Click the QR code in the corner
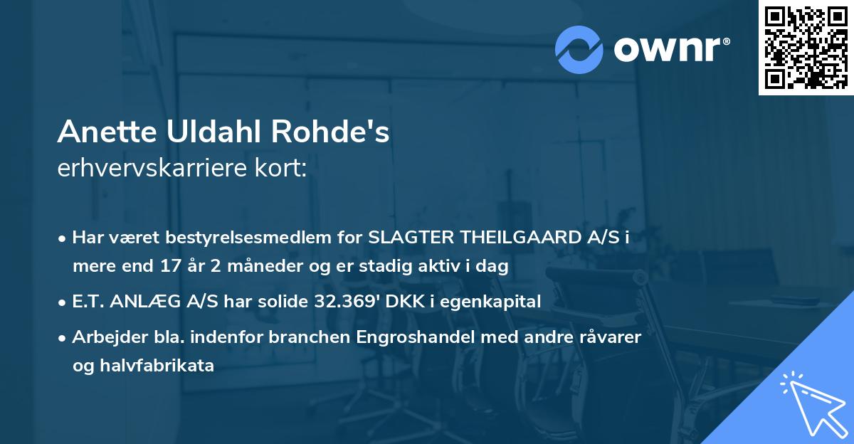[806, 47]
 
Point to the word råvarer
[613, 337]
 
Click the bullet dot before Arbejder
[63, 337]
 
